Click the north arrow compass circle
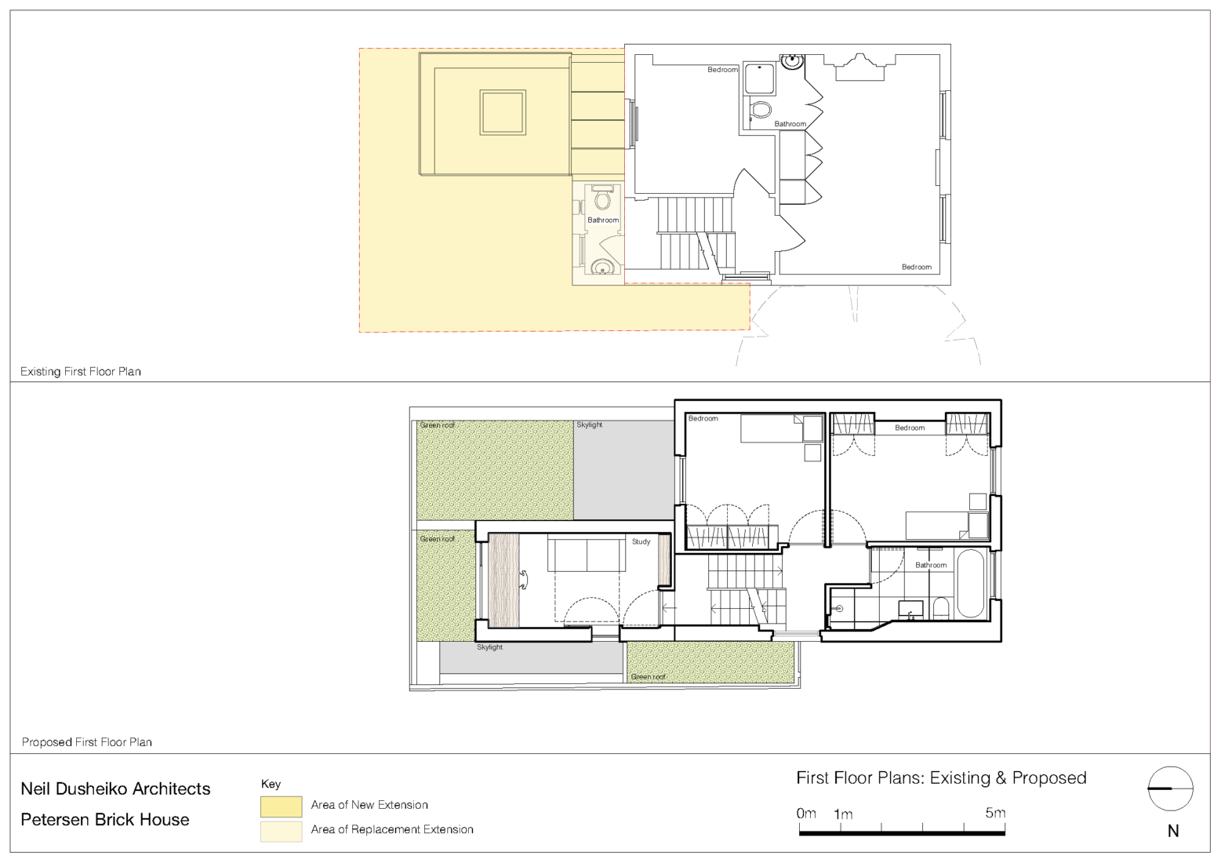point(1170,788)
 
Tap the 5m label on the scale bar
point(994,813)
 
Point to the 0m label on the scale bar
point(806,813)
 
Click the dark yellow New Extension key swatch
point(281,806)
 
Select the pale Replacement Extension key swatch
point(281,830)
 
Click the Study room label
point(641,541)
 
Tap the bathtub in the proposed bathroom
point(970,584)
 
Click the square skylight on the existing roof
point(503,112)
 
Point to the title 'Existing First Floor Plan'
point(81,371)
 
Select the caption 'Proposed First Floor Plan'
point(86,741)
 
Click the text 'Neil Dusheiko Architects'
point(115,788)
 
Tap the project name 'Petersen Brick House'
point(105,819)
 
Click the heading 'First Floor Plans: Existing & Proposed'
point(941,777)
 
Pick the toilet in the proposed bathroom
point(941,608)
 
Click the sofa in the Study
point(587,555)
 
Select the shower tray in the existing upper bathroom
point(759,79)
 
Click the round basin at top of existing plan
point(792,60)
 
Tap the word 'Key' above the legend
point(271,784)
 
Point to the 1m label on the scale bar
point(843,814)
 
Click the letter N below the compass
point(1172,831)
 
